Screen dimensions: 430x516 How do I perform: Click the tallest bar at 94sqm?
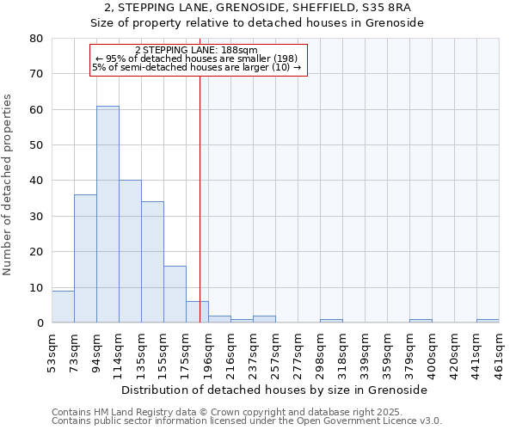point(107,215)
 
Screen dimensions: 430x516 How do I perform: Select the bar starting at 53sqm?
point(63,307)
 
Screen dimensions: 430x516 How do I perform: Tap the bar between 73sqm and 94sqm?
point(85,259)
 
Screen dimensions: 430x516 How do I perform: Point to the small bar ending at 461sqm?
point(488,321)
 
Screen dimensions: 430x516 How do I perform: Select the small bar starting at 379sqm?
point(421,321)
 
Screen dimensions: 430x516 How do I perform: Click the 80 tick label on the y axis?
point(36,39)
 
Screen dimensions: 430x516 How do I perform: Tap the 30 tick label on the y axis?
point(36,217)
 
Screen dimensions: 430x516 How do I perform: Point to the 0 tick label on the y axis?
point(40,323)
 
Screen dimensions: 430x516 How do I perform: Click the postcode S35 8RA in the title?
point(388,8)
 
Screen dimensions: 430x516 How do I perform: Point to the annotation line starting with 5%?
point(197,67)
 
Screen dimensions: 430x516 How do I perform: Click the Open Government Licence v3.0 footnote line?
point(247,421)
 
